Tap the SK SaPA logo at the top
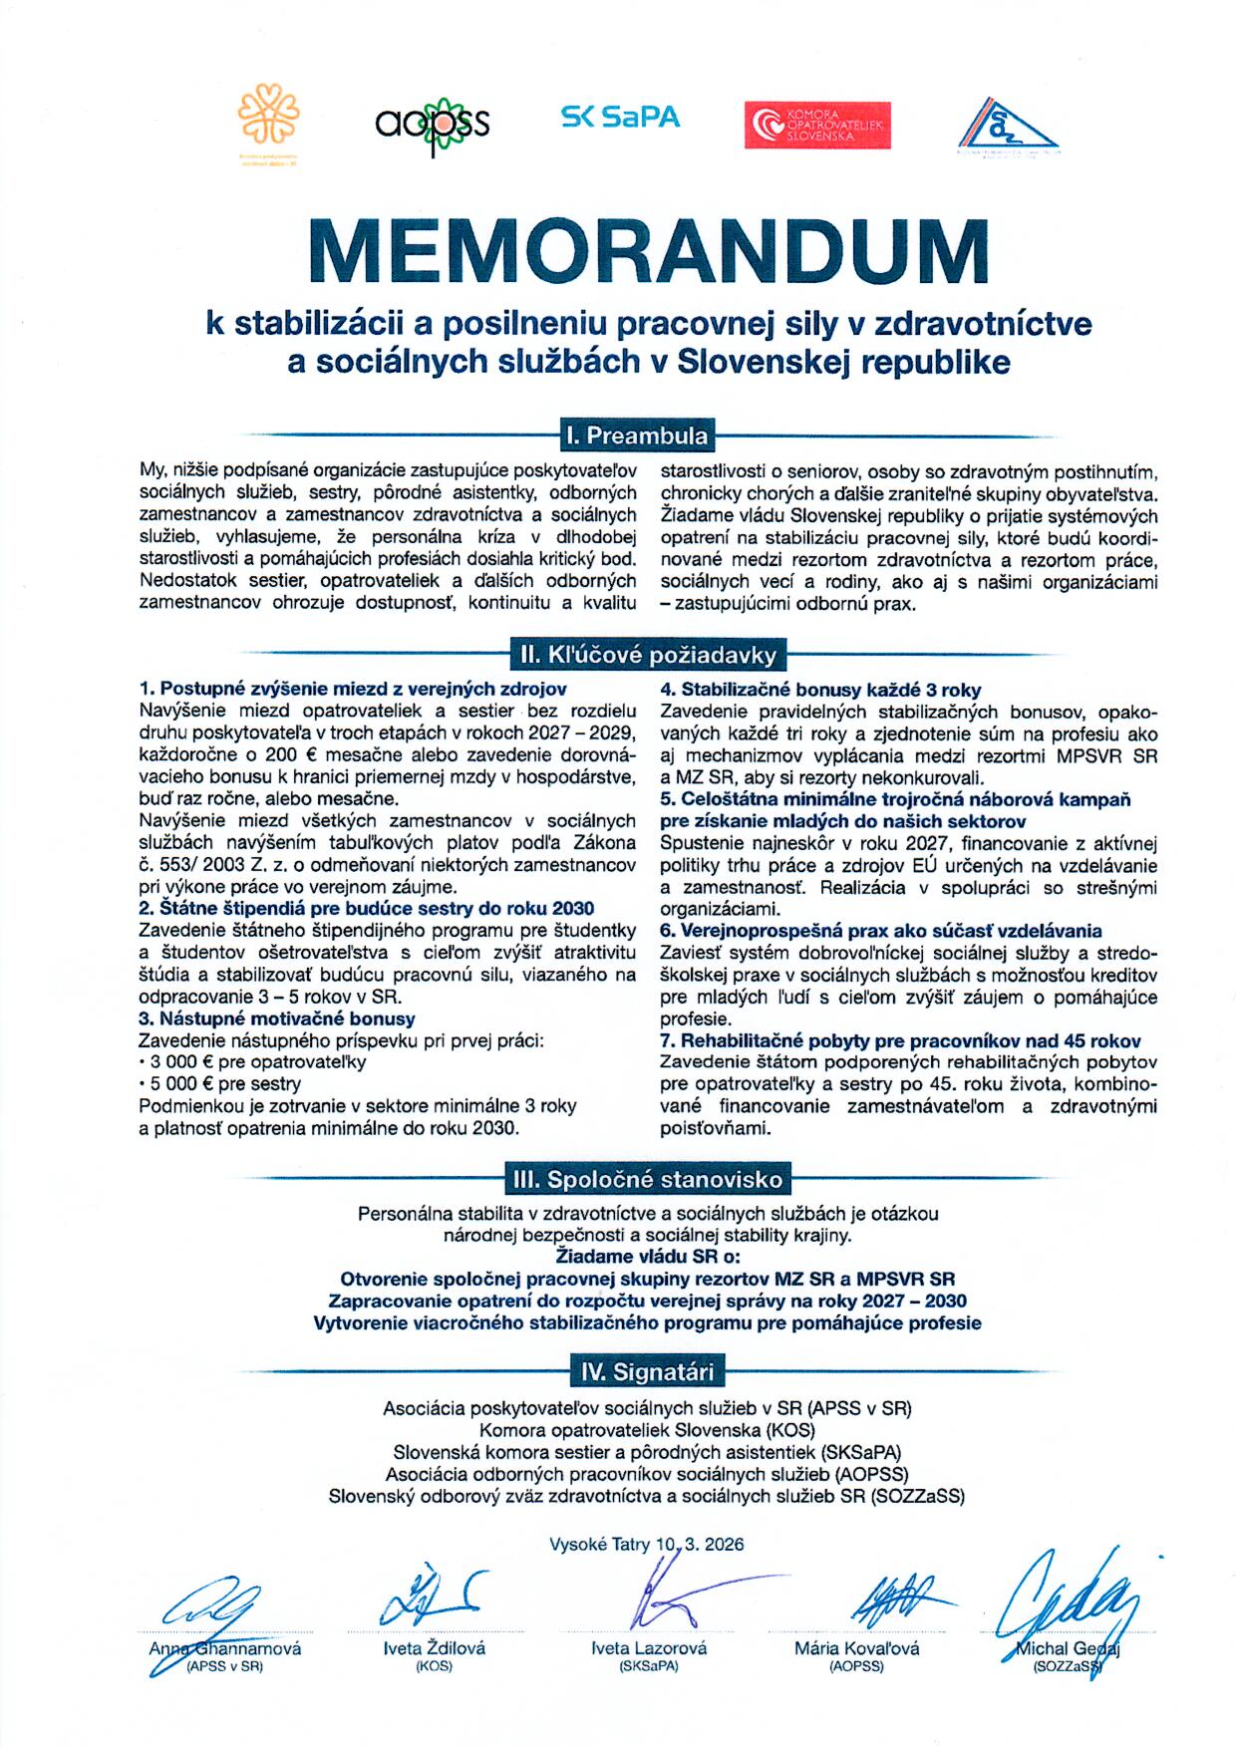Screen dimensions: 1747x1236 pos(620,118)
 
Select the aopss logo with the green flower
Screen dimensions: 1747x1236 pos(433,124)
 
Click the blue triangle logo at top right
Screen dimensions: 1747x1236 pos(1009,127)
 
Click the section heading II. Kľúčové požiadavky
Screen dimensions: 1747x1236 pos(648,655)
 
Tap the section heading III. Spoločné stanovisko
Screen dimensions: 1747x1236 pos(648,1179)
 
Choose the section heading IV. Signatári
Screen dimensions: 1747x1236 pos(648,1372)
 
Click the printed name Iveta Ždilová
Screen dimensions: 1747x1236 pos(434,1648)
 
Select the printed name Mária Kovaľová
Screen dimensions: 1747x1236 pos(856,1648)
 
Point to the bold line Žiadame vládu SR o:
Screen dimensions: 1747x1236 pos(648,1257)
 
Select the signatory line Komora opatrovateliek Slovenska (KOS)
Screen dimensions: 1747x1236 pos(648,1431)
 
